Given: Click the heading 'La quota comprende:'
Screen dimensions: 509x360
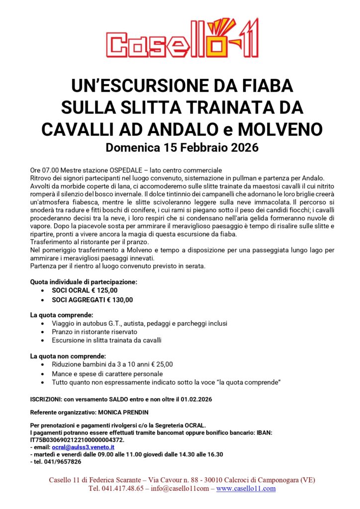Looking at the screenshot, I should click(61, 315).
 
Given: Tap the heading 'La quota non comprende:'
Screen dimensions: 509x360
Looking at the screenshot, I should click(68, 356).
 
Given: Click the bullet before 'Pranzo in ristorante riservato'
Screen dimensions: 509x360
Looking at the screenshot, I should click(45, 332).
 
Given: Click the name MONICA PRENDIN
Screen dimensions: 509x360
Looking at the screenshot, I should click(131, 412).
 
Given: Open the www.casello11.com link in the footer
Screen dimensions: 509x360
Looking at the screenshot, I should click(246, 489).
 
